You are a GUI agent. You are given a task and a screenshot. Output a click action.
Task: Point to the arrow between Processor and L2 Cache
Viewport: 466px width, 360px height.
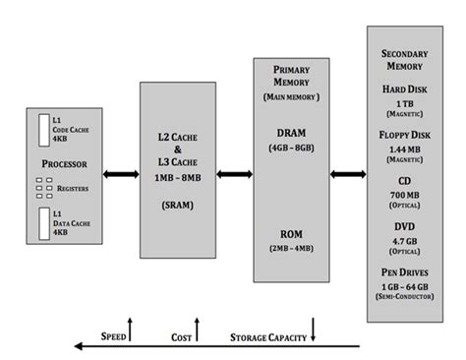tap(119, 174)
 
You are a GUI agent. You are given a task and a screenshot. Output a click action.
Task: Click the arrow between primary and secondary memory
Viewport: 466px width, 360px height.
tap(348, 174)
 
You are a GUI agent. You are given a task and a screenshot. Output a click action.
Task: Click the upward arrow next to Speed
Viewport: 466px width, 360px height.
tap(130, 329)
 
